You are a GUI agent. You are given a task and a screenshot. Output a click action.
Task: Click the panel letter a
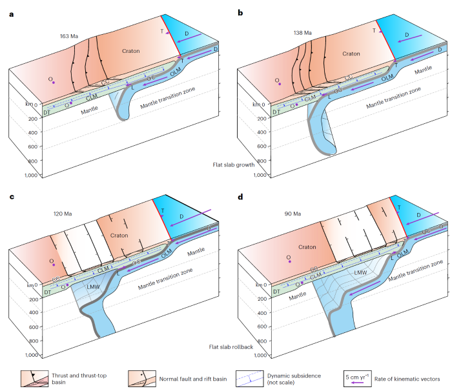[11, 13]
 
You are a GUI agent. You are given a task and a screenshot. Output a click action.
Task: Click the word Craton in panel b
[351, 54]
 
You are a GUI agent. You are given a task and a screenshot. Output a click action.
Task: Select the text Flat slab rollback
[230, 347]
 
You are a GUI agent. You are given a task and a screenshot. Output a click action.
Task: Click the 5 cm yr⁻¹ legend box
[357, 376]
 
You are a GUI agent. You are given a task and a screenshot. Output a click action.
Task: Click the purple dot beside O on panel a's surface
[54, 83]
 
